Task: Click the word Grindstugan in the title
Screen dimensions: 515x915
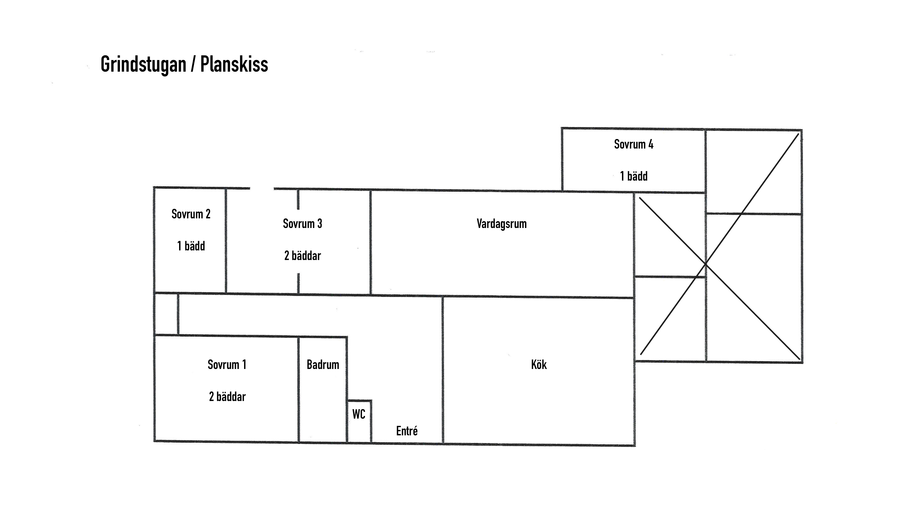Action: click(x=143, y=65)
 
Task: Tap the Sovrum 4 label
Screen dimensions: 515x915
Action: click(x=633, y=144)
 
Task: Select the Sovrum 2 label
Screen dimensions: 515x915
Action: click(x=191, y=214)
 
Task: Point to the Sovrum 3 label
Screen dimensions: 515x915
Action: click(x=302, y=224)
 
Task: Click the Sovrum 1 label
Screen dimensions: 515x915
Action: click(x=227, y=365)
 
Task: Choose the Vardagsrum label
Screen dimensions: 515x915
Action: click(x=502, y=224)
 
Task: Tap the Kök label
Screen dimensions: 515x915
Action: click(x=539, y=365)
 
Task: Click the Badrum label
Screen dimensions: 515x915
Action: click(x=323, y=365)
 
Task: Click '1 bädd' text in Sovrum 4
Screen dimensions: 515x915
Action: click(x=634, y=176)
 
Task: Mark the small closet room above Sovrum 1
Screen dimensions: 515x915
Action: click(x=166, y=314)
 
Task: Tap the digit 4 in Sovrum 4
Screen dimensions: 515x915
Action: click(x=651, y=144)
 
